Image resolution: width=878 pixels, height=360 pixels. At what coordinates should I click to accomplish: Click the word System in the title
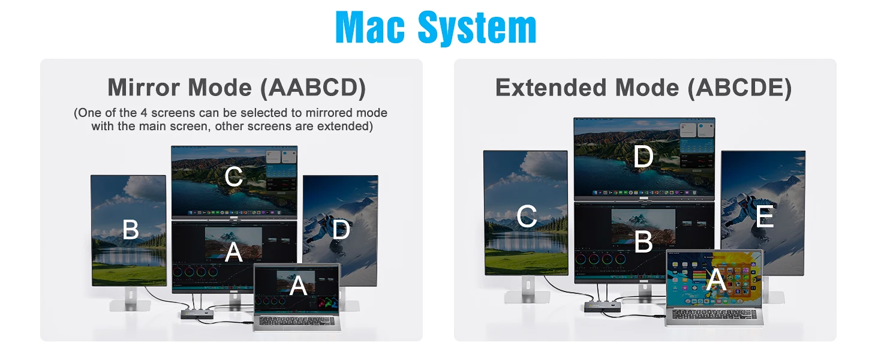(477, 28)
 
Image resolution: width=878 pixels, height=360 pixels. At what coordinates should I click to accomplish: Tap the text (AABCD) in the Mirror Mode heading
(313, 88)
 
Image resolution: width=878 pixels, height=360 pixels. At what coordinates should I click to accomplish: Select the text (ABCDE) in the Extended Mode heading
(740, 88)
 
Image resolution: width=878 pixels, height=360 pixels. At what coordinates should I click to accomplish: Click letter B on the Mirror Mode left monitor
(131, 229)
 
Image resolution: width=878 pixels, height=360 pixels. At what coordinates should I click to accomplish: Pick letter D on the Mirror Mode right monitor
(341, 229)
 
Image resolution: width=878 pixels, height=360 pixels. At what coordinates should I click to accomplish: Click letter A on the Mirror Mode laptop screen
(298, 285)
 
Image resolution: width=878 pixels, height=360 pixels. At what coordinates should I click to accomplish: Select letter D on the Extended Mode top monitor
(644, 156)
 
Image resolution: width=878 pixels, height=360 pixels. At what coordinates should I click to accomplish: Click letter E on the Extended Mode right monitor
(765, 216)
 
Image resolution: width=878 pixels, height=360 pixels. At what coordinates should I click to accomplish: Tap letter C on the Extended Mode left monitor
(527, 216)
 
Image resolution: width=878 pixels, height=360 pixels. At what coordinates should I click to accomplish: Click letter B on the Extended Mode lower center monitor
(644, 241)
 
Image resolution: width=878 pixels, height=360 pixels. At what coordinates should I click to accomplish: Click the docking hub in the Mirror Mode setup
(197, 314)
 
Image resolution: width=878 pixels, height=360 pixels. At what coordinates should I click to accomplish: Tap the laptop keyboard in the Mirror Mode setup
(297, 321)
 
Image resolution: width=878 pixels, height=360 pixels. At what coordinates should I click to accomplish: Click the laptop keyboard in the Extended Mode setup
(714, 314)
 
